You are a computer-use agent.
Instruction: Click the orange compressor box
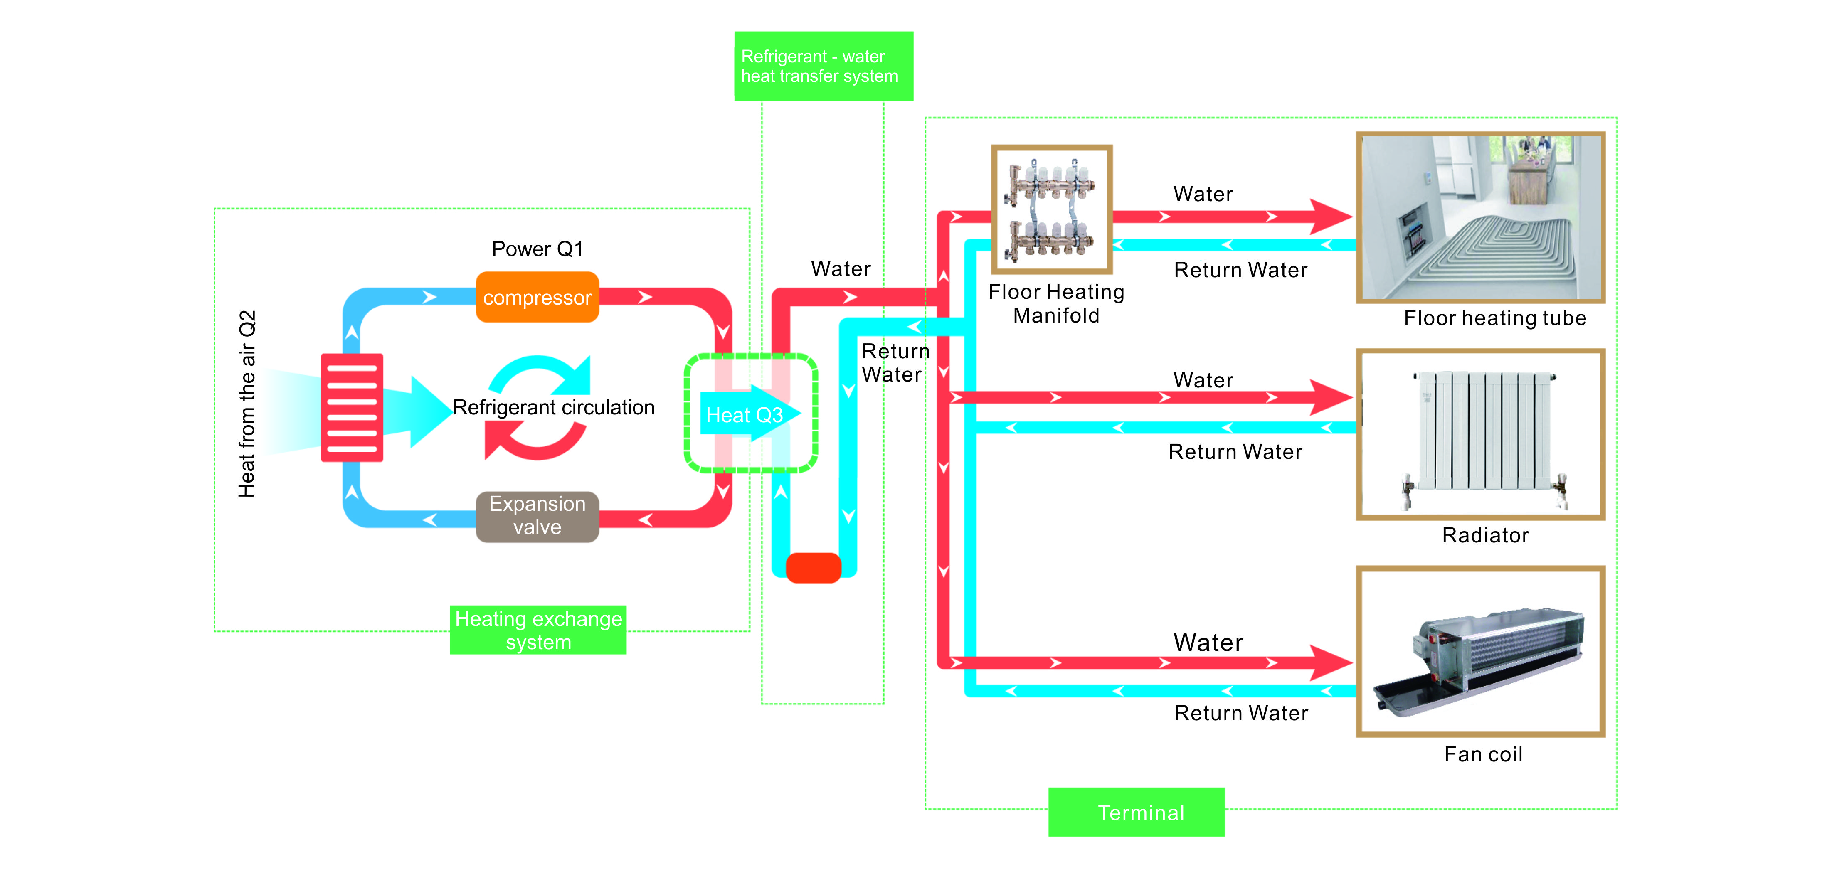pos(537,297)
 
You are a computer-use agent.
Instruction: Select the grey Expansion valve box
pos(537,516)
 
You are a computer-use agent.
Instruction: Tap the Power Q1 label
pos(537,249)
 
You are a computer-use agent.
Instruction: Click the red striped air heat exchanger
pos(352,408)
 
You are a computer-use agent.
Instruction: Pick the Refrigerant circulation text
pos(553,408)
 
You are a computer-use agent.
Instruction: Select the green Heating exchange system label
pos(538,630)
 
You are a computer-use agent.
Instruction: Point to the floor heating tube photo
pos(1481,218)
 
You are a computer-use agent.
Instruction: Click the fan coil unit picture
pos(1481,651)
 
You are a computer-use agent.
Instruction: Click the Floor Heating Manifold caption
pos(1056,304)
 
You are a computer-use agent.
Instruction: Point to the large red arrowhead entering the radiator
pos(1330,398)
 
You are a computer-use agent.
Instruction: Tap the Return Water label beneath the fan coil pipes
pos(1241,713)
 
